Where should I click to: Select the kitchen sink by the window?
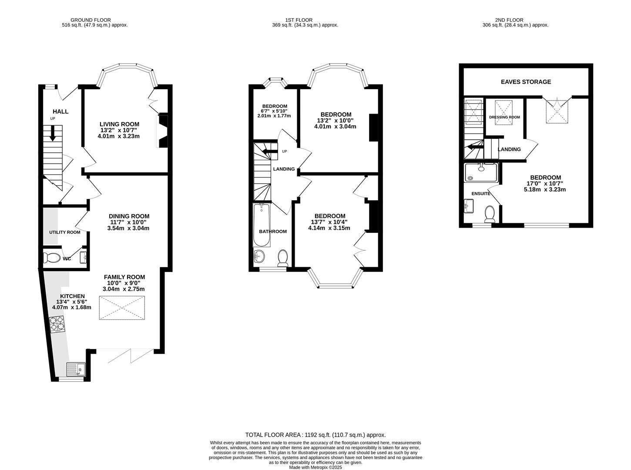coord(76,369)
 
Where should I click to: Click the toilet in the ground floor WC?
coord(52,258)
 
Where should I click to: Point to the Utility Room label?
coord(64,232)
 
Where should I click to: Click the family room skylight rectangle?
coord(122,308)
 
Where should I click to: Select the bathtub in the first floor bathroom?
coord(262,225)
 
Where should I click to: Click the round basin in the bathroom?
coord(259,257)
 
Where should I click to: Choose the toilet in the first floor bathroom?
coord(283,257)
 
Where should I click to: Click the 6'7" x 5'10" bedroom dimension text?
coord(274,111)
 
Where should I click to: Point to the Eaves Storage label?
coord(526,82)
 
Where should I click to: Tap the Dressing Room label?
coord(504,117)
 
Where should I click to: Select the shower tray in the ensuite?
coord(481,172)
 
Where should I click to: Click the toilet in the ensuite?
coord(490,214)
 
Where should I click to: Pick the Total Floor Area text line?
coord(315,435)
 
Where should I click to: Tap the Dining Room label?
coord(129,216)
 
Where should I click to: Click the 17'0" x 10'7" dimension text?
coord(545,184)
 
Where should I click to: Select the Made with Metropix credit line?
coord(315,467)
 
